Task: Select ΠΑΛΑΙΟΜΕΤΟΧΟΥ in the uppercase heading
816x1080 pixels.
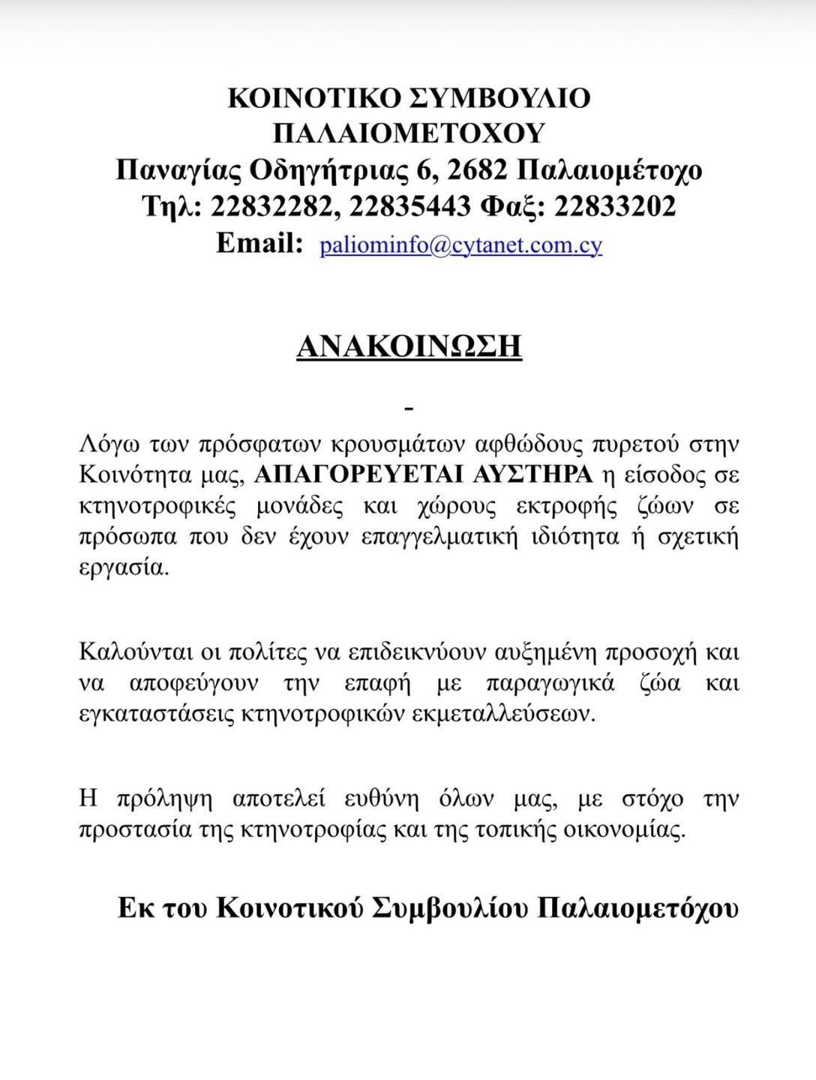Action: click(x=409, y=133)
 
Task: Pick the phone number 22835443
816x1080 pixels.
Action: click(x=410, y=206)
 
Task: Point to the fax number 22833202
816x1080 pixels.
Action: click(x=615, y=206)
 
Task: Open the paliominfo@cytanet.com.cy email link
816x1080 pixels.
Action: click(x=460, y=245)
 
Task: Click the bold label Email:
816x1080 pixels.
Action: click(x=259, y=243)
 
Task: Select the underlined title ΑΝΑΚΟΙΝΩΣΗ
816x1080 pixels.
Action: click(x=409, y=346)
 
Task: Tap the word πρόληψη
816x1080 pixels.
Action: click(x=165, y=799)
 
